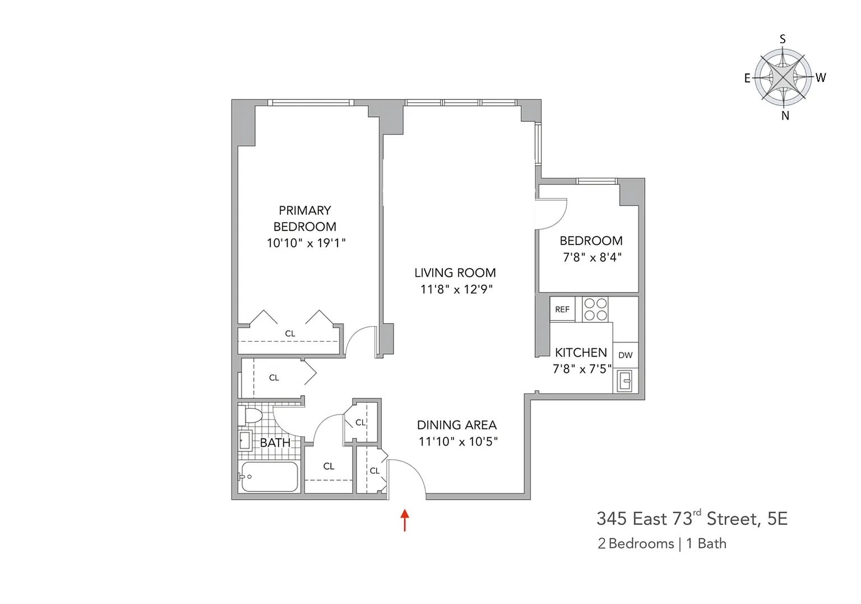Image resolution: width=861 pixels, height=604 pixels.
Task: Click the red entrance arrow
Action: (x=405, y=520)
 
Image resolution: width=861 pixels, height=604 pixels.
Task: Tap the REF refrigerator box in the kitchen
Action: (x=562, y=308)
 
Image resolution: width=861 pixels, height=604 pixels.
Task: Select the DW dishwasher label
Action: (x=626, y=355)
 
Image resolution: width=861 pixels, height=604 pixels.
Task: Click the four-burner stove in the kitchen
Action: (x=595, y=309)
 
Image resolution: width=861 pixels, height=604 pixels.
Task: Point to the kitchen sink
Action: (x=624, y=381)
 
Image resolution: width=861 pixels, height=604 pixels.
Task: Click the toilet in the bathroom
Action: (x=251, y=416)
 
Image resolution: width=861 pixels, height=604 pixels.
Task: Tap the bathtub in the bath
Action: (x=270, y=477)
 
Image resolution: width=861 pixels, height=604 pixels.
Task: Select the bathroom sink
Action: (x=245, y=440)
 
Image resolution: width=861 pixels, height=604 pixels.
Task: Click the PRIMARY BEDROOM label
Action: (x=305, y=218)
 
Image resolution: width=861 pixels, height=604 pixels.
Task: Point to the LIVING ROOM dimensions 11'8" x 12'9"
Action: (x=456, y=289)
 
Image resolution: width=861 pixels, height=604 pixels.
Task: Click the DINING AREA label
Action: (x=457, y=425)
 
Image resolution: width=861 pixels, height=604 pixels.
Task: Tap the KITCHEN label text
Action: (x=581, y=353)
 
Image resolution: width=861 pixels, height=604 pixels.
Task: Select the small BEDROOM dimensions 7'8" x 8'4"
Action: (x=592, y=257)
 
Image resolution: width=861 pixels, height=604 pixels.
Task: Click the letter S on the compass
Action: (x=783, y=39)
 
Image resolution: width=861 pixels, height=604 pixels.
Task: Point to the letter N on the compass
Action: (x=785, y=116)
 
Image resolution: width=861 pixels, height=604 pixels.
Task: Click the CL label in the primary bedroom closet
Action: (x=290, y=334)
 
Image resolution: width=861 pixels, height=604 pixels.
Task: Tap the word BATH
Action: (x=275, y=442)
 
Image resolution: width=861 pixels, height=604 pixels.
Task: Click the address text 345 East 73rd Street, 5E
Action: (x=692, y=518)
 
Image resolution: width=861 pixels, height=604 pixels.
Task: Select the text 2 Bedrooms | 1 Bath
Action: (x=662, y=543)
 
